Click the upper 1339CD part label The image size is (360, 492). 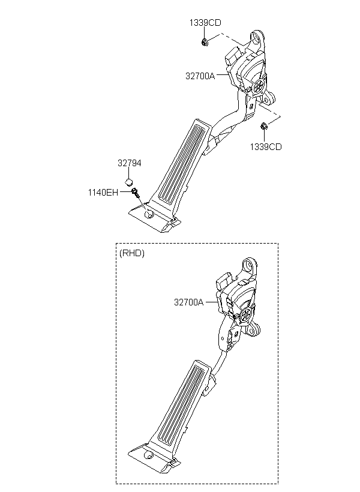click(205, 23)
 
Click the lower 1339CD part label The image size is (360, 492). click(266, 147)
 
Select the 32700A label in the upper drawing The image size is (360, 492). click(200, 76)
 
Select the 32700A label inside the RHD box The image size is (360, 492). click(189, 302)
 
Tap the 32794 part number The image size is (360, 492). click(130, 163)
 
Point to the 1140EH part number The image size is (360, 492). click(103, 193)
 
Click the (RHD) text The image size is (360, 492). click(132, 253)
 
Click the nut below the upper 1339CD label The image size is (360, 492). click(205, 42)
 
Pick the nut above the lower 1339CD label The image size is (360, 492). click(264, 126)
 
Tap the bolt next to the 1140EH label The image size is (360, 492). click(136, 192)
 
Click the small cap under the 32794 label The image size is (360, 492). click(128, 181)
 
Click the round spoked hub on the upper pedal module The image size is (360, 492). click(260, 85)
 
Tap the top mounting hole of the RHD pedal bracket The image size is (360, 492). click(250, 265)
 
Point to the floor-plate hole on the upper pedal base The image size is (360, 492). click(148, 214)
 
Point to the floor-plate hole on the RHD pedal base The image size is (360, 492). click(147, 455)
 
